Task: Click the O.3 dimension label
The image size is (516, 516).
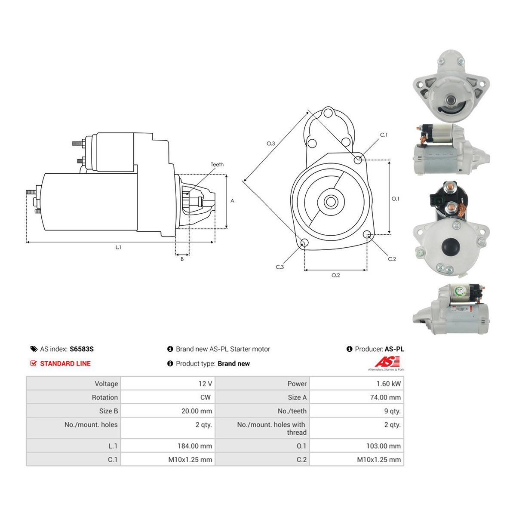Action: pos(271,144)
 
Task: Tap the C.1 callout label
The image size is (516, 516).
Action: pos(384,135)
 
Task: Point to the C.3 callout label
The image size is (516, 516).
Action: pos(279,267)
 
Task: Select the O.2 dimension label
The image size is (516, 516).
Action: pos(335,275)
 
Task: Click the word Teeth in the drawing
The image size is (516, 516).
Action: pos(217,164)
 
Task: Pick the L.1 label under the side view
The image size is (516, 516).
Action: pos(118,247)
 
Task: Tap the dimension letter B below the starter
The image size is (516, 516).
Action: pos(182,259)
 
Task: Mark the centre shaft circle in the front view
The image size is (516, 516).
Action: pos(331,202)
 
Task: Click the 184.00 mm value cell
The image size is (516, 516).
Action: pos(195,446)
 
